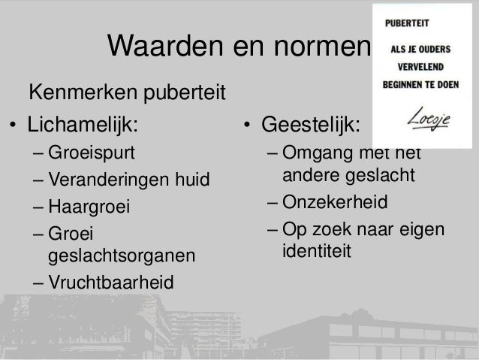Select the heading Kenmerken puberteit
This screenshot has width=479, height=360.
click(x=128, y=95)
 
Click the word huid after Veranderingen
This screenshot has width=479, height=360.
click(x=192, y=180)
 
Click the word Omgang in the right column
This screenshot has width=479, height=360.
click(x=318, y=155)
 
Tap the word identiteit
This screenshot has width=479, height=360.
click(x=316, y=250)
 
